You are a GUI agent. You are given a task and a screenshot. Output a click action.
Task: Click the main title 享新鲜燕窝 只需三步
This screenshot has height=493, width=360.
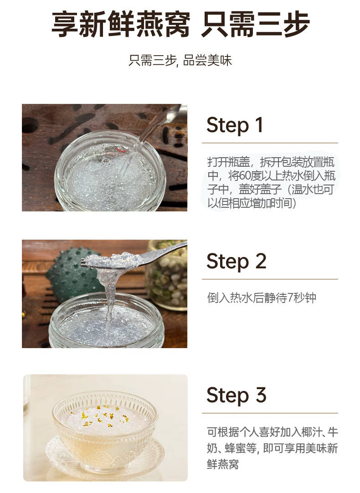180,24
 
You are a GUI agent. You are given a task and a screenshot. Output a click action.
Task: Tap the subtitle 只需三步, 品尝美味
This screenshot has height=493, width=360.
180,60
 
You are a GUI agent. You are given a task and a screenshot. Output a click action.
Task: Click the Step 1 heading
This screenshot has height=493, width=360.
235,125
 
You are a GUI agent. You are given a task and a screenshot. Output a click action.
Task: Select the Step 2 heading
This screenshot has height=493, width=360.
236,261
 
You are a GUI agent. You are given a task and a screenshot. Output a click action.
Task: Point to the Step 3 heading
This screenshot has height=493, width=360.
237,395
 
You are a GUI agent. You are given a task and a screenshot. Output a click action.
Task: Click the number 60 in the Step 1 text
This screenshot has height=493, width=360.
246,176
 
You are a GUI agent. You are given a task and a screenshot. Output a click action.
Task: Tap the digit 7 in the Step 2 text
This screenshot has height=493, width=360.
290,298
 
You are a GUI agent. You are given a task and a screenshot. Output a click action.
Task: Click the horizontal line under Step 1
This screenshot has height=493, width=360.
270,143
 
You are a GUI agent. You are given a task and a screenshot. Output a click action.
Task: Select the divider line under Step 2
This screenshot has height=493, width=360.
270,279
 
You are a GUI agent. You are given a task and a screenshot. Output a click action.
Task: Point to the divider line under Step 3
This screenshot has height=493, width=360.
270,413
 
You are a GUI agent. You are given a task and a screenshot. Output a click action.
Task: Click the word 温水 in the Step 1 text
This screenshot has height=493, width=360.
302,190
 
